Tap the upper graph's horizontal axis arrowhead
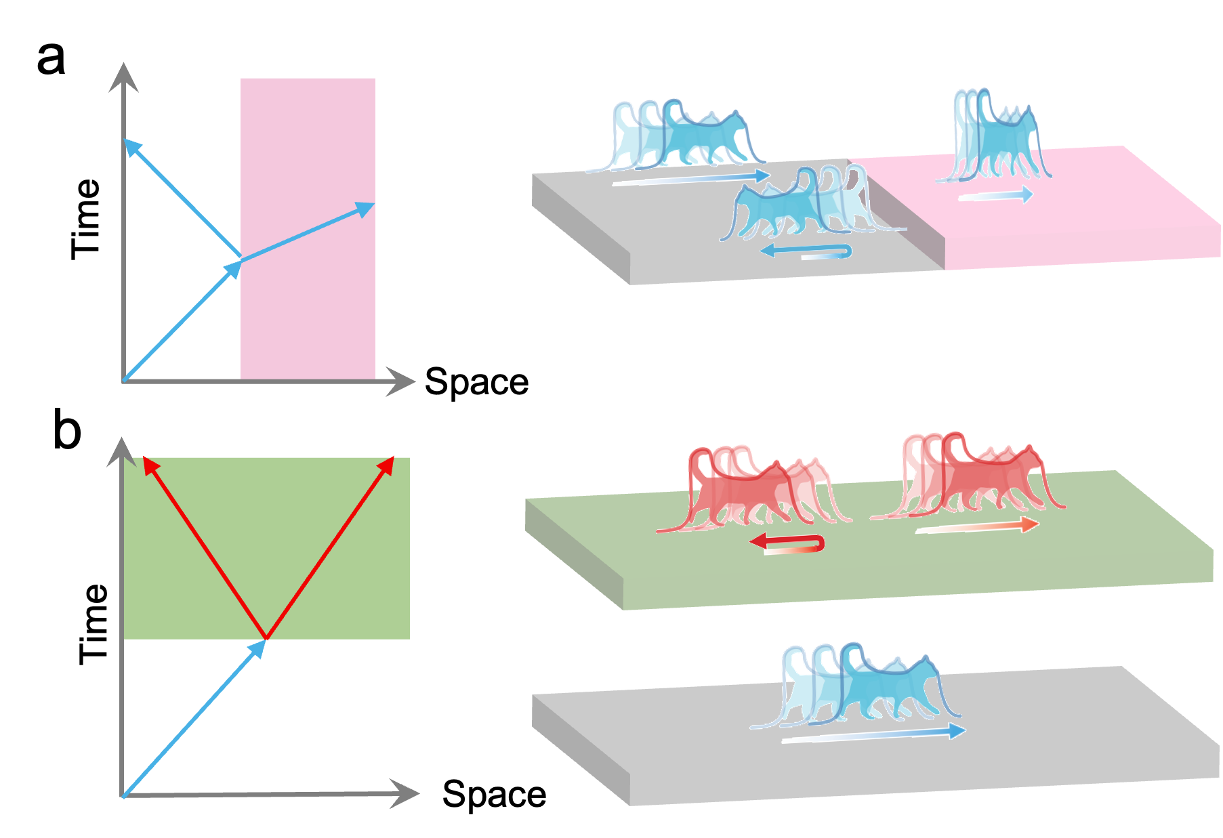(x=401, y=381)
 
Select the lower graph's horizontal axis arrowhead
(x=405, y=793)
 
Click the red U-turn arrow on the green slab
(x=789, y=543)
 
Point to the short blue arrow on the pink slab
(x=996, y=196)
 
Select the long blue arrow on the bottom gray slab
(x=874, y=734)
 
